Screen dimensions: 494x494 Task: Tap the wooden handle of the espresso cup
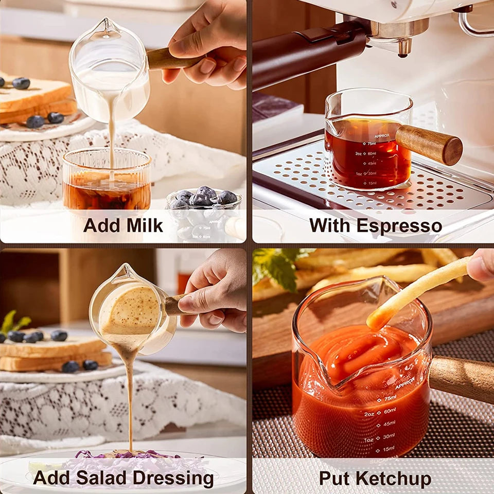click(429, 145)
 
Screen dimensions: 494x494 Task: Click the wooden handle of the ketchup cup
click(461, 378)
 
